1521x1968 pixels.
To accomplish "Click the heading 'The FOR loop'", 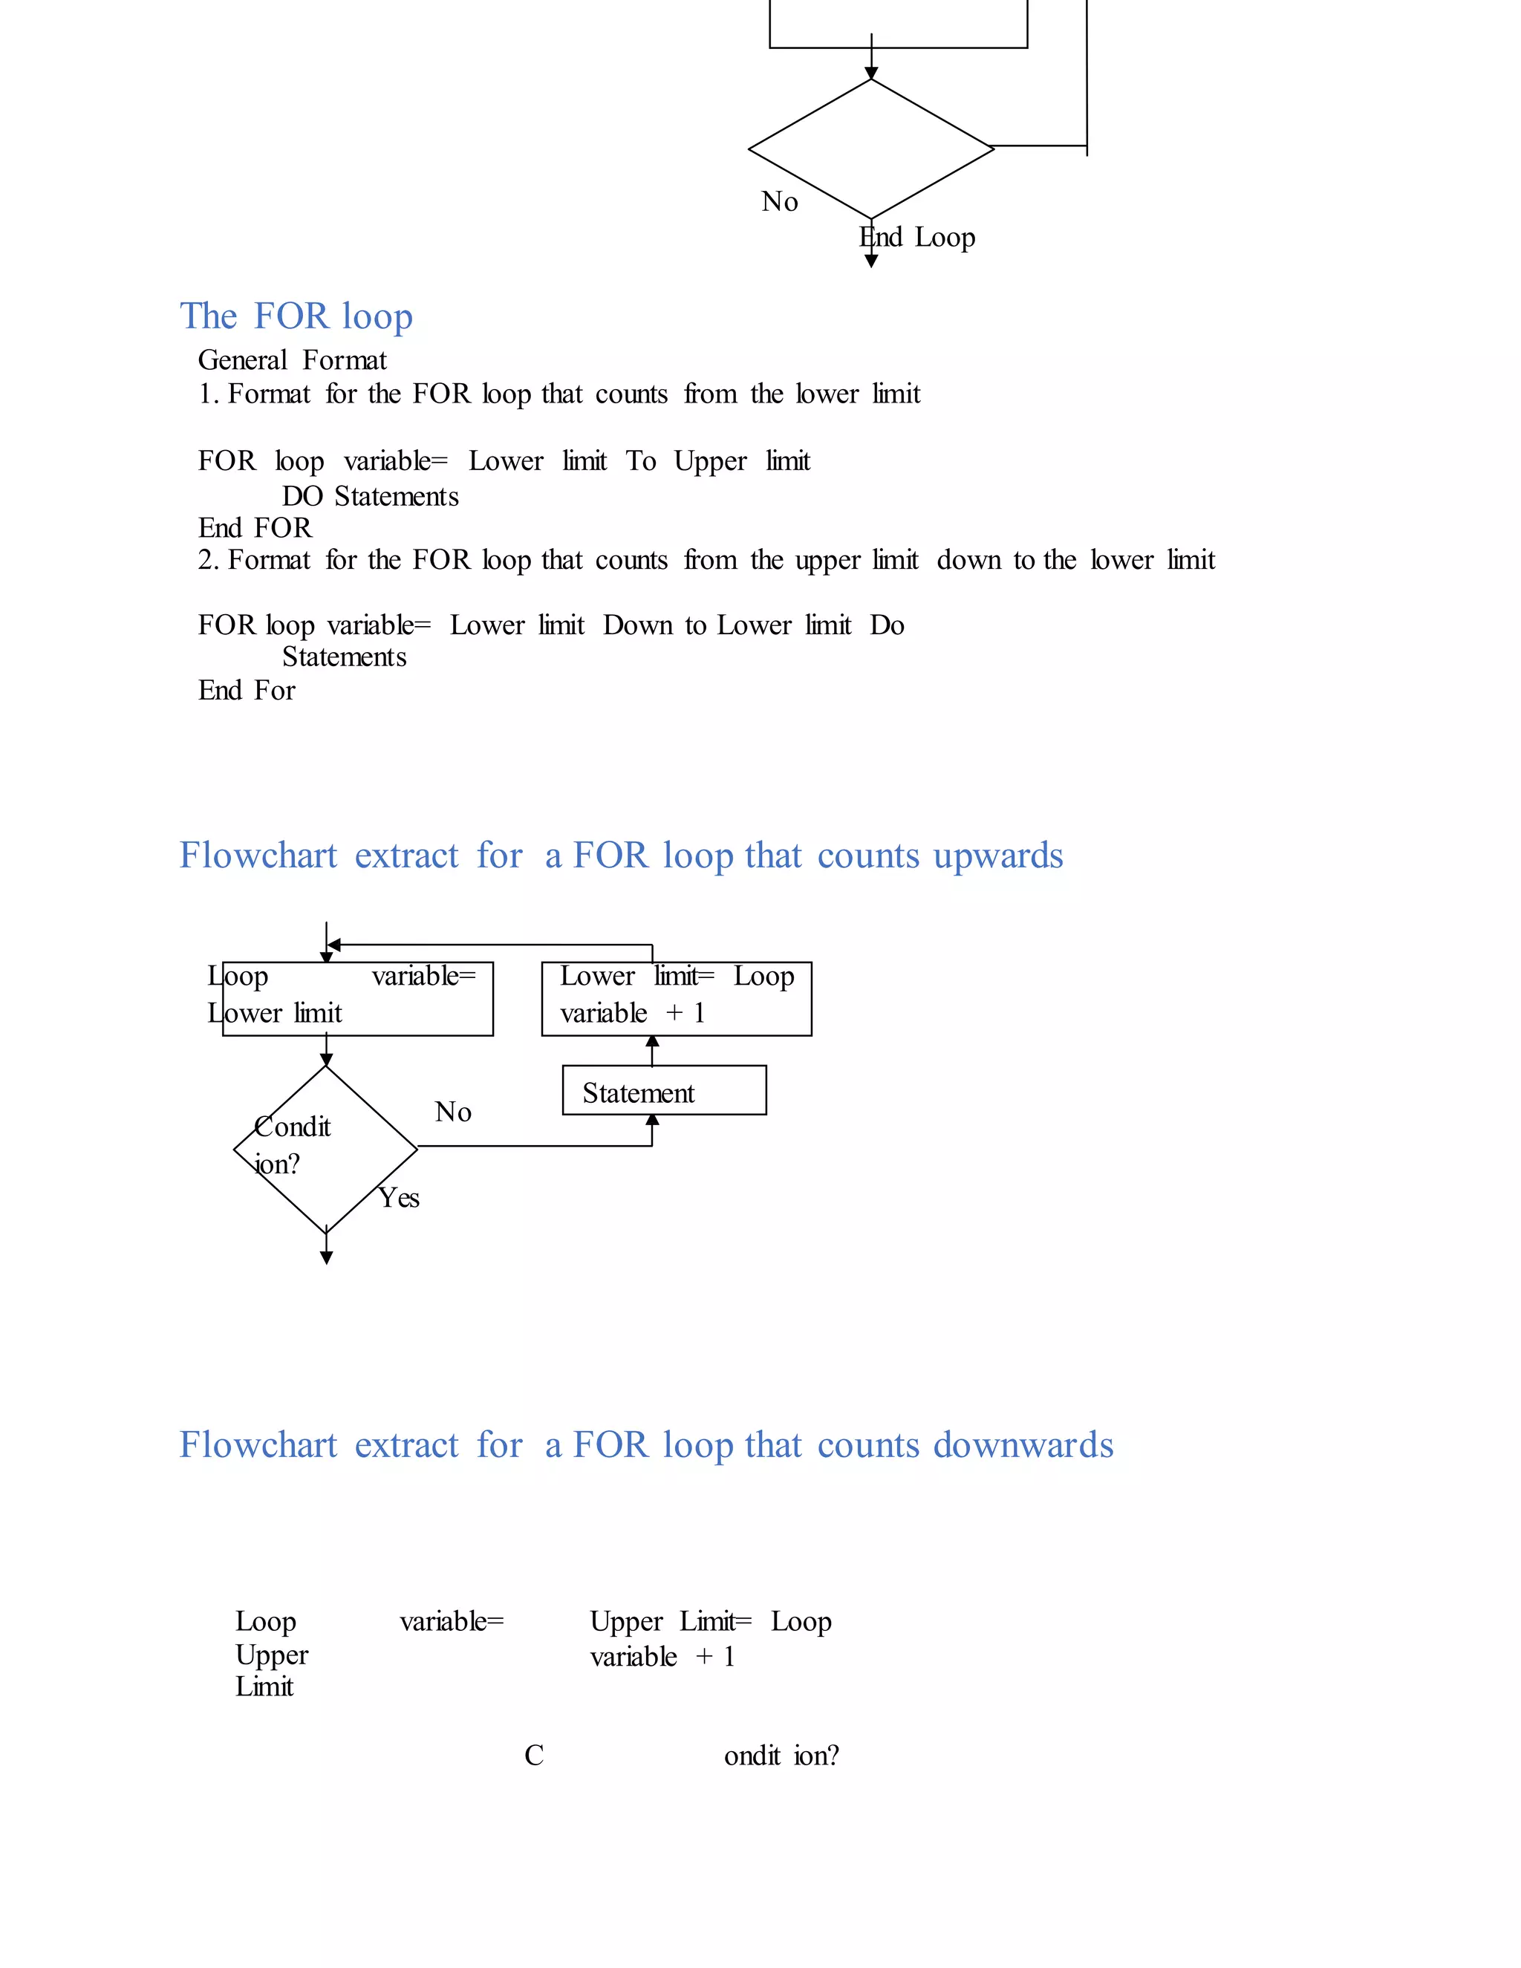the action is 296,316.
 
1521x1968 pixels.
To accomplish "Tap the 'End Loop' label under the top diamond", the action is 917,237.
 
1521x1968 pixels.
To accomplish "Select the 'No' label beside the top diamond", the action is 779,202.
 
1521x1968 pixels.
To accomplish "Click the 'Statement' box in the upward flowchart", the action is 664,1091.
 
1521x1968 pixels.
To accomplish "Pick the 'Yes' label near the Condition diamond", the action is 399,1198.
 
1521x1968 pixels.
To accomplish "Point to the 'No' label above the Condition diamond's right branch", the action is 453,1112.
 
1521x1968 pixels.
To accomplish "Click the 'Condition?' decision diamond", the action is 325,1149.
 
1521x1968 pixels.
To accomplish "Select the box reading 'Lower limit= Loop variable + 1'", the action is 676,998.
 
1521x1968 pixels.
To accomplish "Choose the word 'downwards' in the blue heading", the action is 1023,1444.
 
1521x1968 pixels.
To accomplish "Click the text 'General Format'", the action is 292,360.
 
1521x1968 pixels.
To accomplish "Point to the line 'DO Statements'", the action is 371,497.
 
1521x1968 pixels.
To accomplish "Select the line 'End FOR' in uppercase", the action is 255,528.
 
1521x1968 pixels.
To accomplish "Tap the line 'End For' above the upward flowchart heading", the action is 247,690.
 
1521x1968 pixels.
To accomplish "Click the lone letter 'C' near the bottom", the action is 534,1756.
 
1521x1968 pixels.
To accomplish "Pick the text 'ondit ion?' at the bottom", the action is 781,1756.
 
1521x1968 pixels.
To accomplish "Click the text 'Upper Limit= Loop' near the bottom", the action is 710,1621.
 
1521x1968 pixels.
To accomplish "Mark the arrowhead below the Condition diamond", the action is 326,1258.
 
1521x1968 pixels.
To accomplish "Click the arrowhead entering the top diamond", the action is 871,73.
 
